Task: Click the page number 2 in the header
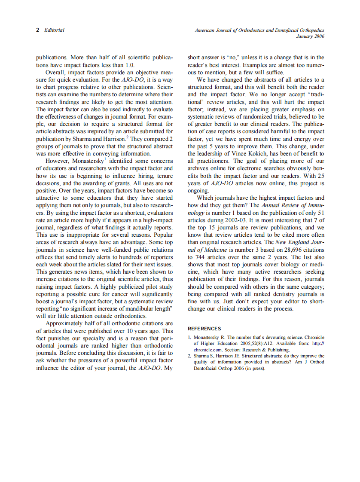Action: pos(37,30)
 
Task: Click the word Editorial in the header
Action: pos(54,30)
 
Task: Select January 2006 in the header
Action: pos(310,37)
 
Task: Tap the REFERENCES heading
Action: pos(204,329)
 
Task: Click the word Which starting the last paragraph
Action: pos(205,198)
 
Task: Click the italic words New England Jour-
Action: pos(300,243)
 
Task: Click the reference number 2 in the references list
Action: pos(189,356)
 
